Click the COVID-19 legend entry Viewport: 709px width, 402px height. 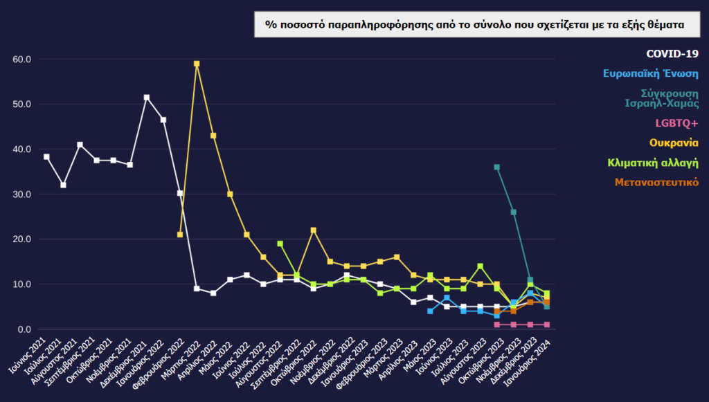(x=672, y=54)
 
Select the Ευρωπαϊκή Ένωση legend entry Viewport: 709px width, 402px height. (x=650, y=73)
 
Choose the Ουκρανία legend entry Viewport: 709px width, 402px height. (x=673, y=143)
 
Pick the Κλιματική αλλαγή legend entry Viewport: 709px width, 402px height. (x=653, y=163)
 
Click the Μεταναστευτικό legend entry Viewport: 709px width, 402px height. (x=656, y=182)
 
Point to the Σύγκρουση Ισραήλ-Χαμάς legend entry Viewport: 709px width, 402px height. (x=661, y=98)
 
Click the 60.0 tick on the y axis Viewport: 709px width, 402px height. (x=23, y=60)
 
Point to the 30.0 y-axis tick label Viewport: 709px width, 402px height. (x=23, y=194)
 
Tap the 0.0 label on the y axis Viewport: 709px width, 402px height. (x=26, y=329)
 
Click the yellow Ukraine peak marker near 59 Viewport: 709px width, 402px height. (x=197, y=64)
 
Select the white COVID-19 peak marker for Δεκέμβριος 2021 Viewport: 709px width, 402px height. (x=147, y=98)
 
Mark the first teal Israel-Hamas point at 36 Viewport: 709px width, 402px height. (x=496, y=167)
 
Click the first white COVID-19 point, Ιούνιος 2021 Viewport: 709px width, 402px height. (x=47, y=157)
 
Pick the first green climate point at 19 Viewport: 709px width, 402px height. (x=280, y=244)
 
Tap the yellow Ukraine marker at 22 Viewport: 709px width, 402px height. (x=313, y=230)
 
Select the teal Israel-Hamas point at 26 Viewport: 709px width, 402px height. (x=513, y=212)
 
